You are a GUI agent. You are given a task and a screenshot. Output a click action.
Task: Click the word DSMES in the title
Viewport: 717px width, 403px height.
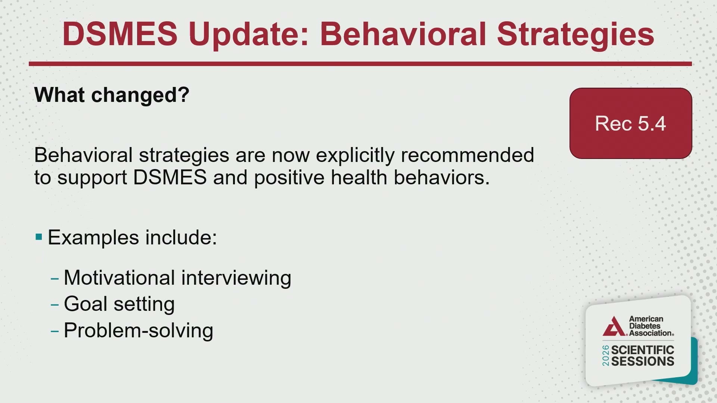tap(120, 34)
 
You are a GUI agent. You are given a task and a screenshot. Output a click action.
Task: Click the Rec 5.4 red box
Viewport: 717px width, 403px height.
tap(631, 123)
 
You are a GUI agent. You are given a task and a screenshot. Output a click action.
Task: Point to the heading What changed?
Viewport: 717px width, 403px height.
tap(112, 95)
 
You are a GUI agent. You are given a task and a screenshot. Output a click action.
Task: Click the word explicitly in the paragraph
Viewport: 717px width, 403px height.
tap(355, 155)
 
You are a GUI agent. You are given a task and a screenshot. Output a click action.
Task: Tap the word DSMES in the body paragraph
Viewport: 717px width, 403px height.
tap(170, 177)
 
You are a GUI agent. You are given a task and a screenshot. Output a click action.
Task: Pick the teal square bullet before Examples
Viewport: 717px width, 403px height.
tap(39, 237)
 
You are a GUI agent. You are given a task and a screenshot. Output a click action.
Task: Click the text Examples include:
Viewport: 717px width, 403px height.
tap(133, 237)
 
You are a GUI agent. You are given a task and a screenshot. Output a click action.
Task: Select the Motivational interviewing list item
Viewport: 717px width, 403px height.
tap(177, 278)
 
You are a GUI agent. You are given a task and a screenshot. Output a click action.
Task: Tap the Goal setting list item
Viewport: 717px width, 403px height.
tap(119, 304)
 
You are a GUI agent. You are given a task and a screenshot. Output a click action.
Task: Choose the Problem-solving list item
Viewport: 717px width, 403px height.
tap(139, 331)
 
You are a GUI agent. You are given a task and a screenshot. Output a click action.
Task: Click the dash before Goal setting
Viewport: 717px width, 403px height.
tap(55, 305)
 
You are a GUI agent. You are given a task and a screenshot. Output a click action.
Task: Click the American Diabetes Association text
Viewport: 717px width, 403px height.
tap(651, 326)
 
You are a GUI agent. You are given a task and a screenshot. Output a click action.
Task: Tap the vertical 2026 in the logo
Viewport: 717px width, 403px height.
tap(606, 356)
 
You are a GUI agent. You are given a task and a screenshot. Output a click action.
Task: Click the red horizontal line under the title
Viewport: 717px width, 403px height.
tap(360, 64)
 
